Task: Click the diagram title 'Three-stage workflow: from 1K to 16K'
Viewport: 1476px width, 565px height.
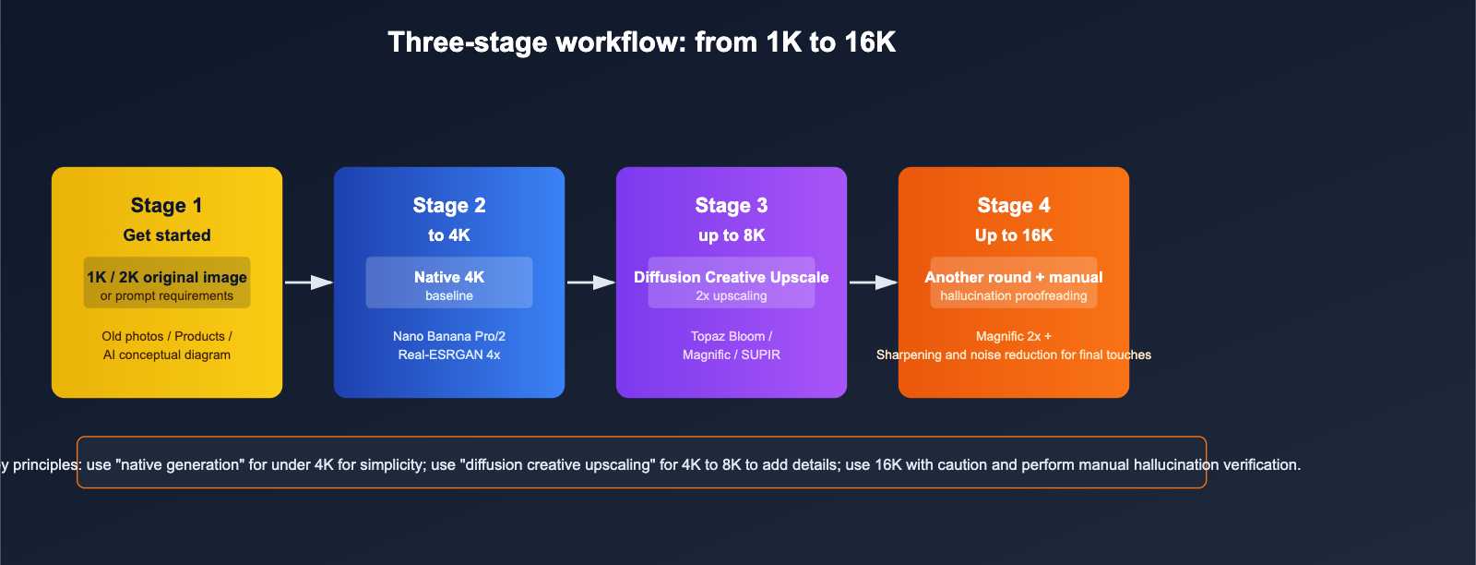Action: point(641,42)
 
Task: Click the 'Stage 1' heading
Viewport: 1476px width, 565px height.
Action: point(167,206)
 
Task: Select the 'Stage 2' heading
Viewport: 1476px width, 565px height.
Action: point(449,206)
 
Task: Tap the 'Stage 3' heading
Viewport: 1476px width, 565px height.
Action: point(732,206)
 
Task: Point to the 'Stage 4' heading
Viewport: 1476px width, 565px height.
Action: point(1014,206)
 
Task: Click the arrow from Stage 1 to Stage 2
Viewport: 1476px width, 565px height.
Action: point(309,282)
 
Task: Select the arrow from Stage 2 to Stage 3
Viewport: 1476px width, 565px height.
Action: point(591,282)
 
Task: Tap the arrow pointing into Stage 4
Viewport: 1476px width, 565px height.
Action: point(874,282)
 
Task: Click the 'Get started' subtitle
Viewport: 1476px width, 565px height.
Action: point(167,235)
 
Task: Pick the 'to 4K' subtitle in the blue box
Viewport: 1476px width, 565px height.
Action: point(449,235)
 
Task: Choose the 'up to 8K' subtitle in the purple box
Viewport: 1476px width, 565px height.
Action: point(732,235)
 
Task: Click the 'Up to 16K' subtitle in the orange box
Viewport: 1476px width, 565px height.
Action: point(1014,235)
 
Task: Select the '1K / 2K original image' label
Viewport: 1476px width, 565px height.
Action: point(167,277)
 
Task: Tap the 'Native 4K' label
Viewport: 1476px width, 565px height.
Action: point(449,277)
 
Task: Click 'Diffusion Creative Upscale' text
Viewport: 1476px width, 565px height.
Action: point(732,277)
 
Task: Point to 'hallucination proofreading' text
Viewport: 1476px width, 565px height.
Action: point(1014,296)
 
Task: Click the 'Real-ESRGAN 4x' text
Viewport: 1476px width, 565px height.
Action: point(449,355)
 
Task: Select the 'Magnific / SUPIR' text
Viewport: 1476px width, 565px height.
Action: point(732,355)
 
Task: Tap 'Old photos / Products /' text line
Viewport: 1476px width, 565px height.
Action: point(167,336)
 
